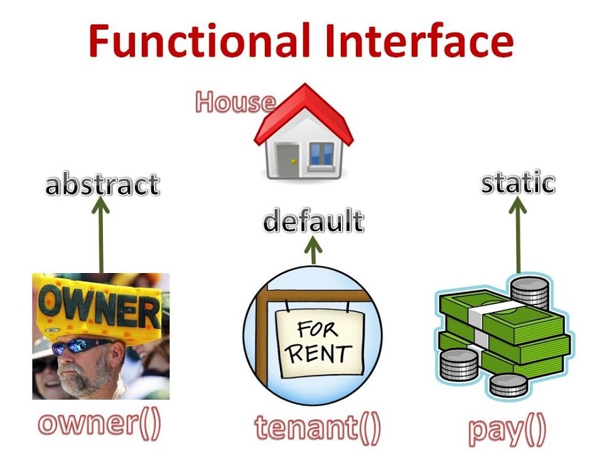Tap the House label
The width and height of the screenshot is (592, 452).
(x=234, y=102)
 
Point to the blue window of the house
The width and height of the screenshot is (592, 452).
(x=322, y=153)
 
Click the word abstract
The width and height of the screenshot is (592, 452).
(x=102, y=185)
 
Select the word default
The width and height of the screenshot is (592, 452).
(x=313, y=222)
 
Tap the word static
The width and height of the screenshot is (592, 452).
(x=518, y=183)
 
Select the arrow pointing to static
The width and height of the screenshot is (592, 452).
(x=519, y=235)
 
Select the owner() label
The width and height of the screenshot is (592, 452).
(x=100, y=424)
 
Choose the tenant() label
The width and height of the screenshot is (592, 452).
(x=318, y=427)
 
